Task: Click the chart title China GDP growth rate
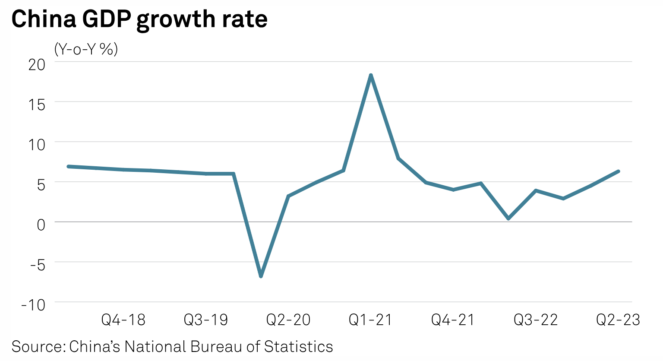tap(139, 19)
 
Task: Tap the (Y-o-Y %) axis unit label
tap(86, 49)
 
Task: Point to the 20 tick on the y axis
tap(37, 65)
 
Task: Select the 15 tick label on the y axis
tap(37, 104)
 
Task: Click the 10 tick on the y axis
tap(37, 145)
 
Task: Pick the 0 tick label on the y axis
tap(41, 225)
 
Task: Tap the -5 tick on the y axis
tap(38, 265)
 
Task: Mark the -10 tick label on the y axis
tap(33, 305)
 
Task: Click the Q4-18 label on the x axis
tap(123, 320)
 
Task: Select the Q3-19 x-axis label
tap(205, 320)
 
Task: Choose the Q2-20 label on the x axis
tap(288, 320)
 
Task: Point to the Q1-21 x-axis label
tap(370, 320)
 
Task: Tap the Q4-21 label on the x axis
tap(453, 320)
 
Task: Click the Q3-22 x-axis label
tap(535, 320)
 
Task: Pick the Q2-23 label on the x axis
tap(618, 320)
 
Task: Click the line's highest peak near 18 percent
tap(371, 76)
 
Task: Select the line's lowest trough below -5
tap(261, 276)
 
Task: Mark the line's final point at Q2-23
tap(618, 171)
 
